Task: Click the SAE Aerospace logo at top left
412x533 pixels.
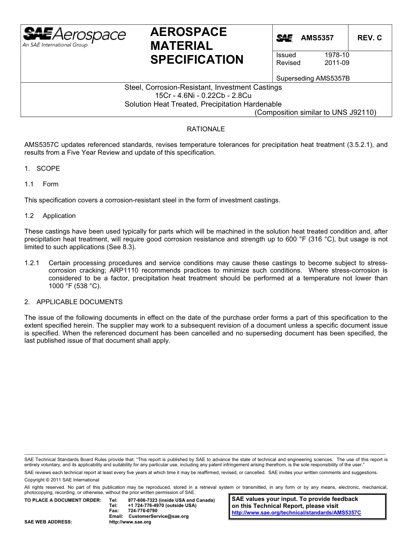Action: (x=74, y=36)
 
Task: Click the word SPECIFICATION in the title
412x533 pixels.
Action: (x=197, y=60)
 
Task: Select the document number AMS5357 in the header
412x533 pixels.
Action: (x=317, y=38)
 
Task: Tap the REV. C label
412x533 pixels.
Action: (x=369, y=38)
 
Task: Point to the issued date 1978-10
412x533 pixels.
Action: (x=337, y=55)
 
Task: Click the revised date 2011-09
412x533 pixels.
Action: (x=337, y=63)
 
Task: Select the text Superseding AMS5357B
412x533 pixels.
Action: (x=313, y=79)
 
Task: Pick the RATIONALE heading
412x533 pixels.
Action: (x=206, y=129)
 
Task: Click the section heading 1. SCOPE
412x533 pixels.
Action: (x=42, y=169)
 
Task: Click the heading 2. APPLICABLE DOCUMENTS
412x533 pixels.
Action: (x=74, y=302)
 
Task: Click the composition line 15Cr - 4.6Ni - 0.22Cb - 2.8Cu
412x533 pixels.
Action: (x=203, y=95)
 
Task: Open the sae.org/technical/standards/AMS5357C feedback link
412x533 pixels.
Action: (x=296, y=513)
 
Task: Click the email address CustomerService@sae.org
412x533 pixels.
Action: (x=158, y=517)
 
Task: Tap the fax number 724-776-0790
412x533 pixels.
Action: (x=143, y=511)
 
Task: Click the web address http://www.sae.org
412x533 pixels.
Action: (x=130, y=522)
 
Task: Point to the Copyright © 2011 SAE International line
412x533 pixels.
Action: (x=62, y=480)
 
